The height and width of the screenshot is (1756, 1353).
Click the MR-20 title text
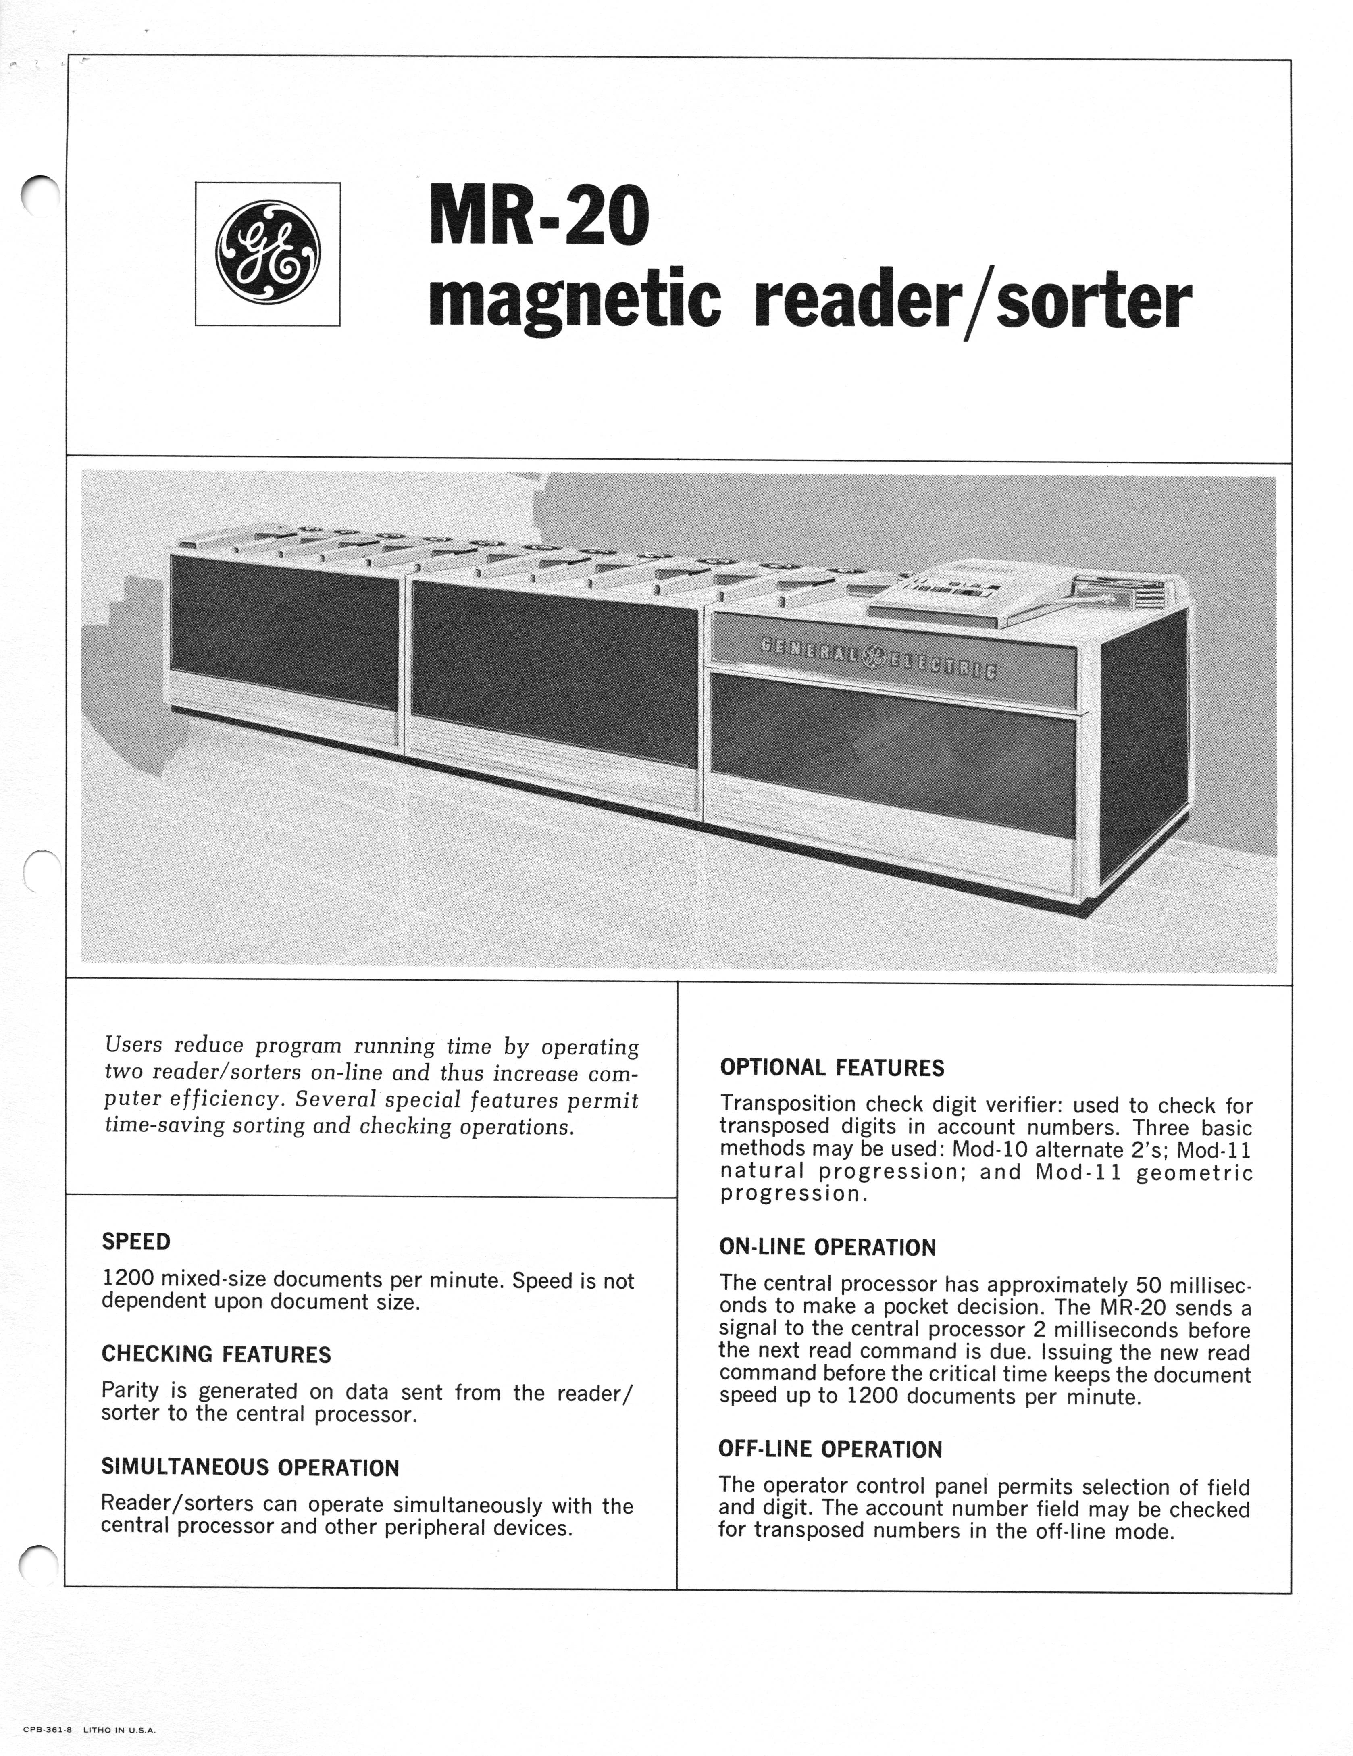pyautogui.click(x=539, y=215)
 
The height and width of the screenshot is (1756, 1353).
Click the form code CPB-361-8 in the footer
pyautogui.click(x=44, y=1729)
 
